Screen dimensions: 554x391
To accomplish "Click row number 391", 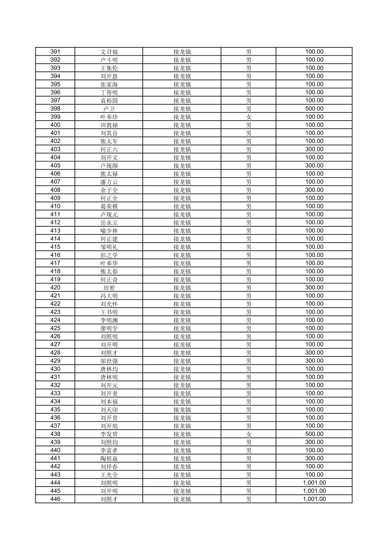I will (55, 52).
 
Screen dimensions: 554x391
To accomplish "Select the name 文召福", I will (109, 52).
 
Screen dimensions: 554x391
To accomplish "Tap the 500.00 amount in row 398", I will (314, 109).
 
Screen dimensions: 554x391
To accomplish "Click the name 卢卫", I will (109, 109).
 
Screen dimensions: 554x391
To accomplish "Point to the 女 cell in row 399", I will (249, 117).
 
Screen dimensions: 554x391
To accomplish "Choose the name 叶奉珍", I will (109, 117).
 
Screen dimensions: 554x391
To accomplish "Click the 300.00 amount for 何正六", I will (314, 149).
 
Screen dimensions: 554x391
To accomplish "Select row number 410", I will (55, 206).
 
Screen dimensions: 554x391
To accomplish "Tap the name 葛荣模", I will (109, 206).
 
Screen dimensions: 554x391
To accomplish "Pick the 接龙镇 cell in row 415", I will (182, 247).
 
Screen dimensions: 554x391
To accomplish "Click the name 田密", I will (109, 288).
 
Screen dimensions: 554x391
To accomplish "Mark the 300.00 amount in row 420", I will (314, 288).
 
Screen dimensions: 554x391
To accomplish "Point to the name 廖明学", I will (109, 328).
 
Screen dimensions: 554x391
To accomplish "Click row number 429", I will (55, 361).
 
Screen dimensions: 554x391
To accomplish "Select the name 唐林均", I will (109, 369).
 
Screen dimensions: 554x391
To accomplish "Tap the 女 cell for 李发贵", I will (249, 434).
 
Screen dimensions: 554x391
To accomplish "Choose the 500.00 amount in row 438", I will (314, 434).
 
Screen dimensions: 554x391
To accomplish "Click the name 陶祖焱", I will (109, 459).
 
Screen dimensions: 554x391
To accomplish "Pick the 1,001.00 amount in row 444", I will (314, 483).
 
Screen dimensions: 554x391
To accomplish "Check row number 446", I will (55, 499).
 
